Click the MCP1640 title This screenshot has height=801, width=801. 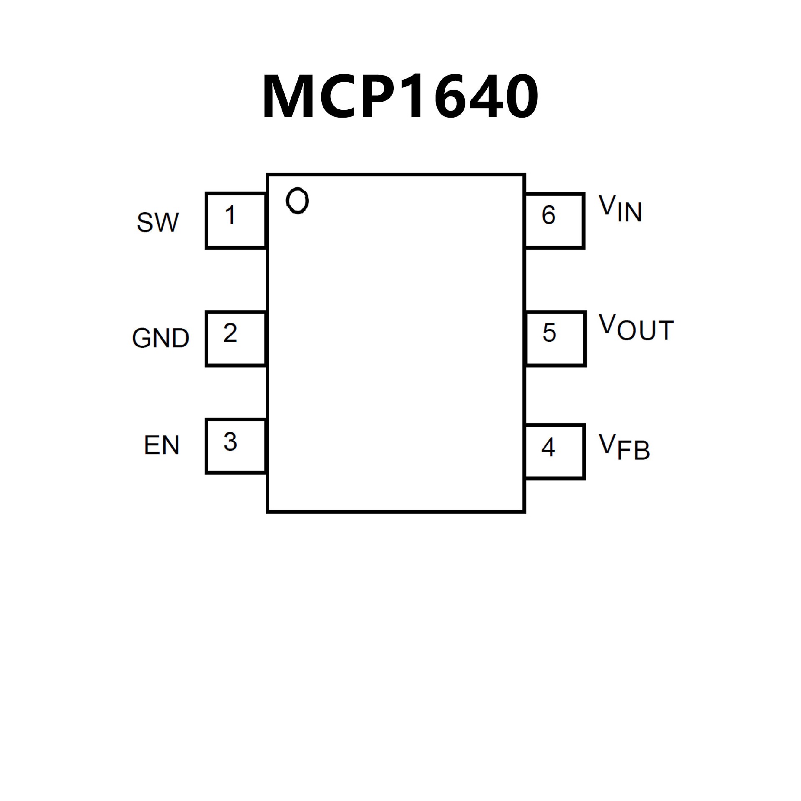click(400, 96)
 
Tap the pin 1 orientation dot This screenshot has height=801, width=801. click(297, 201)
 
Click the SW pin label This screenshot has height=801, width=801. click(158, 222)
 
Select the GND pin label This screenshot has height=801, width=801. click(161, 338)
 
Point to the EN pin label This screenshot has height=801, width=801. click(161, 445)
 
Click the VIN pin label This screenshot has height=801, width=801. click(620, 209)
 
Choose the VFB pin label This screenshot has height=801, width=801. click(624, 447)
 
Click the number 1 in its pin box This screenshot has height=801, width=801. click(230, 215)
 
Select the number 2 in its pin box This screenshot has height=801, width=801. click(230, 333)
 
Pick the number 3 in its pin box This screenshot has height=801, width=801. click(230, 442)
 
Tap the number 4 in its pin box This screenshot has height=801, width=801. click(548, 447)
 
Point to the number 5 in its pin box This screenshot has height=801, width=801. click(549, 332)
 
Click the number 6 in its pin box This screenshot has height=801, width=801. click(549, 215)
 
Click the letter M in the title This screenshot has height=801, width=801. click(288, 96)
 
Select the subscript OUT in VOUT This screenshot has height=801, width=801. click(645, 331)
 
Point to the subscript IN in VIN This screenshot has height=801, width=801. click(630, 212)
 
